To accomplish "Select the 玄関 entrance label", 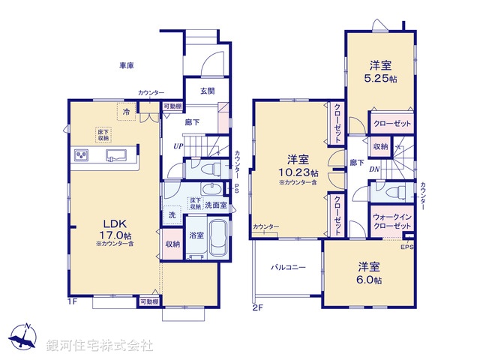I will [208, 91].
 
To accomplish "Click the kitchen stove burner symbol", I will [82, 155].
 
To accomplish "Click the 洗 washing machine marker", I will [172, 214].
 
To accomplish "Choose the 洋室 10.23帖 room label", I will [298, 165].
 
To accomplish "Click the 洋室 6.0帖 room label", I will [368, 272].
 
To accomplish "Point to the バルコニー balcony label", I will [288, 267].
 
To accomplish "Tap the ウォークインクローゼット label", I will [391, 220].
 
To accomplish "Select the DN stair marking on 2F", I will [373, 169].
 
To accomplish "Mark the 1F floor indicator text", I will [72, 301].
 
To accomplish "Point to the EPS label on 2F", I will [407, 247].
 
